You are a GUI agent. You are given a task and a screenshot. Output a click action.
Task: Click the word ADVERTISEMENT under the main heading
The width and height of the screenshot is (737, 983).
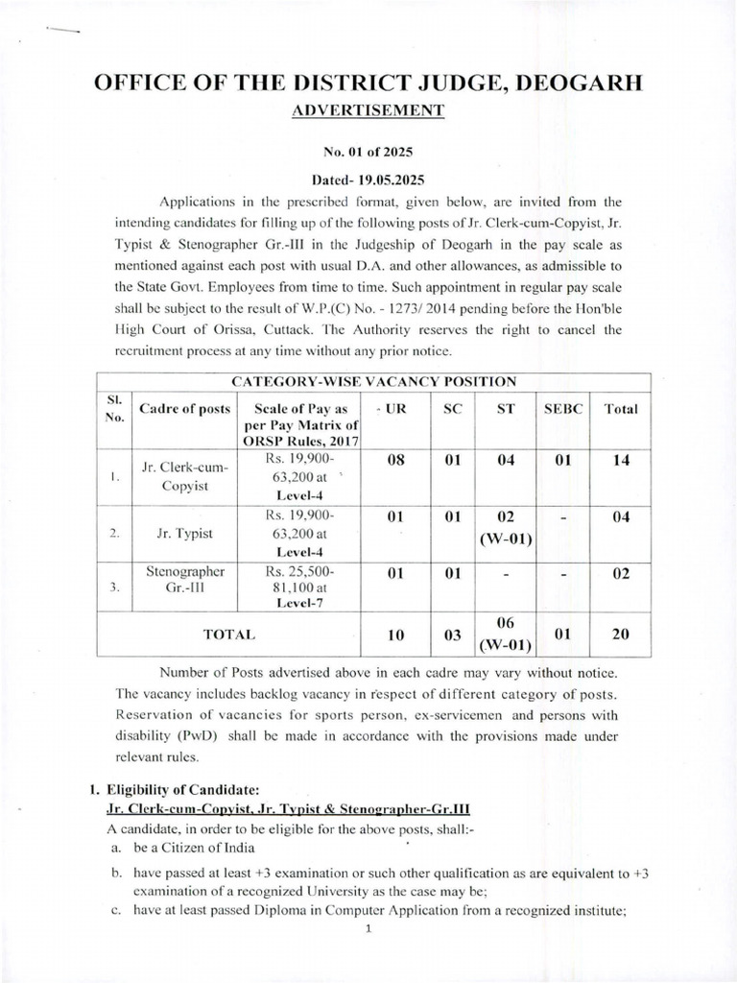point(368,110)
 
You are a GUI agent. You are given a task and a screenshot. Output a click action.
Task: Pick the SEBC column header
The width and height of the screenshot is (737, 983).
point(562,408)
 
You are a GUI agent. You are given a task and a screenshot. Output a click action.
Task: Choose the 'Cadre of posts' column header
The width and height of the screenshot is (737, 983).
point(184,408)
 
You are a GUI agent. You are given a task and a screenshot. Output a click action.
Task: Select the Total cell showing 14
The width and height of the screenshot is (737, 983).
point(620,461)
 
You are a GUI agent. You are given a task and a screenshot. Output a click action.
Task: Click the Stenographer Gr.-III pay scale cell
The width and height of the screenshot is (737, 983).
point(302,586)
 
